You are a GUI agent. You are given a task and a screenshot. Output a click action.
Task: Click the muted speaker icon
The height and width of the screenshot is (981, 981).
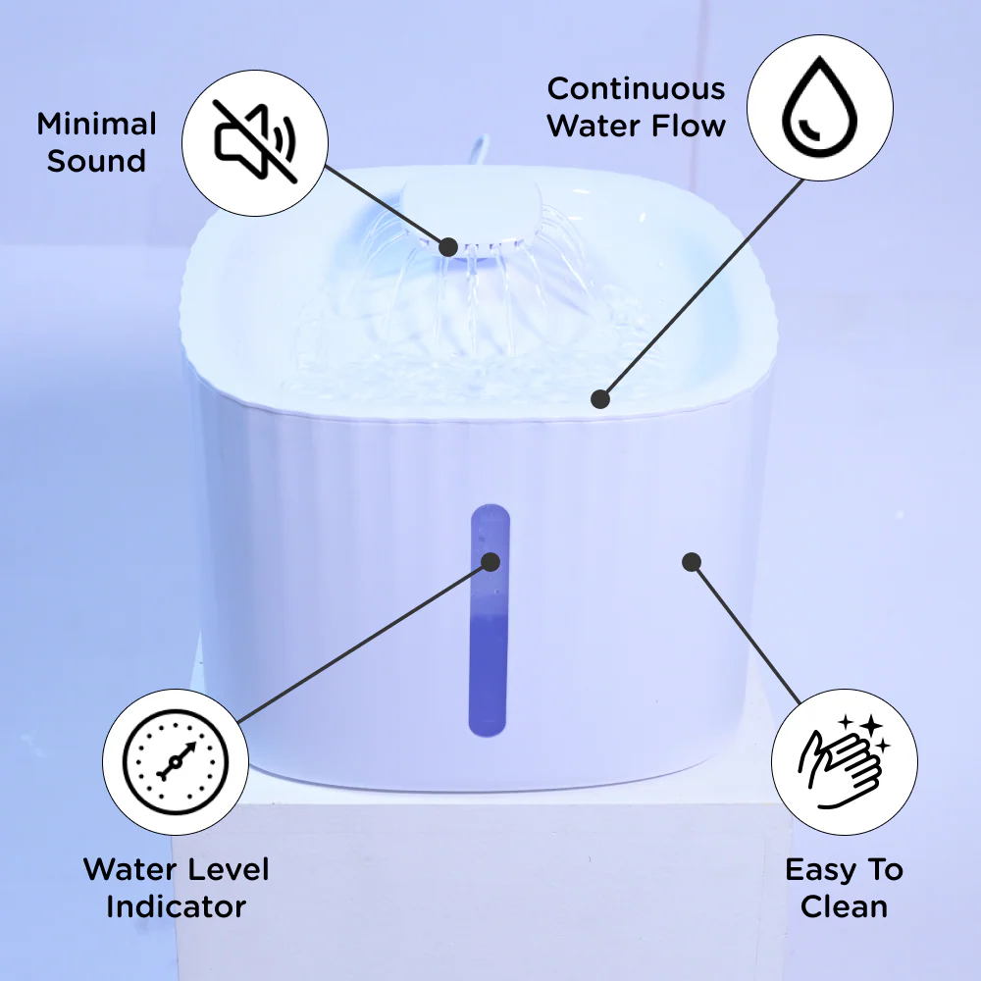[x=255, y=142]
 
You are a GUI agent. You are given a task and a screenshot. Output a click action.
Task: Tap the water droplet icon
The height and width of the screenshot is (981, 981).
[x=819, y=107]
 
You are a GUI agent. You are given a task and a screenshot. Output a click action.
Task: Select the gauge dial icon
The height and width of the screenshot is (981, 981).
[x=176, y=761]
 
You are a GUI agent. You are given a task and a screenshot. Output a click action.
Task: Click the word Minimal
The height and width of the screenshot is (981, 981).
[x=96, y=124]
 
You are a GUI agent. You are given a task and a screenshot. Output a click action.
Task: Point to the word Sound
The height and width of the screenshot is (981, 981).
[x=96, y=161]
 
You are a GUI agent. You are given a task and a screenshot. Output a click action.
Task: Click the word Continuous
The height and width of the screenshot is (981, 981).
[x=637, y=89]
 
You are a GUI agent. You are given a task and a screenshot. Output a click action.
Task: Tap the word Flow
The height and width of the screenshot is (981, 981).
[x=689, y=126]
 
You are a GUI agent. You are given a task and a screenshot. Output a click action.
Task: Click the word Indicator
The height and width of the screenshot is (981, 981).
[x=177, y=906]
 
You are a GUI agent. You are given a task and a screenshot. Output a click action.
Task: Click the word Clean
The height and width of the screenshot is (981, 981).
[x=844, y=906]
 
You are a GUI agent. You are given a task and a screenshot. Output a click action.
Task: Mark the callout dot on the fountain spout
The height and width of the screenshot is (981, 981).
[x=448, y=247]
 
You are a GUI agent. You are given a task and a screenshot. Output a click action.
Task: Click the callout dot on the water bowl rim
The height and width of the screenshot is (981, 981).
[x=600, y=398]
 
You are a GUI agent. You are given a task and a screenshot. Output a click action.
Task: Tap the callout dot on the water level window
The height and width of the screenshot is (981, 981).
[x=490, y=562]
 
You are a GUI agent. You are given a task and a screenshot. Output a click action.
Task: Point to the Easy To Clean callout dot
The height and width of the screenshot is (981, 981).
[x=691, y=562]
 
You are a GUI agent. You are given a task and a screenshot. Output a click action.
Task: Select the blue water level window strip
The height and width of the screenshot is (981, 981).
[x=490, y=620]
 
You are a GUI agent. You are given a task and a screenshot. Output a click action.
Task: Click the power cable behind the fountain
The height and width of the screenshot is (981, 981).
[x=478, y=150]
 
